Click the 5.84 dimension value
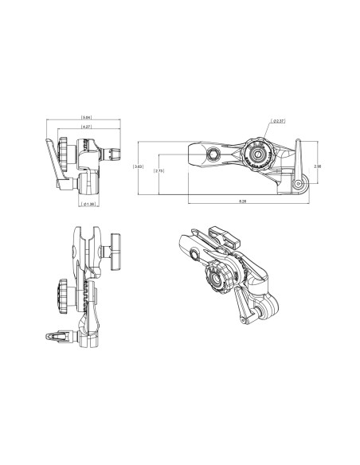[x=85, y=118]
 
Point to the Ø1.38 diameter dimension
[x=90, y=204]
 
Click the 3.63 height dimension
[x=138, y=166]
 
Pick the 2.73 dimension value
[x=159, y=170]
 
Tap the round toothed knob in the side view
[x=257, y=153]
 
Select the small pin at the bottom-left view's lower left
[x=57, y=337]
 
